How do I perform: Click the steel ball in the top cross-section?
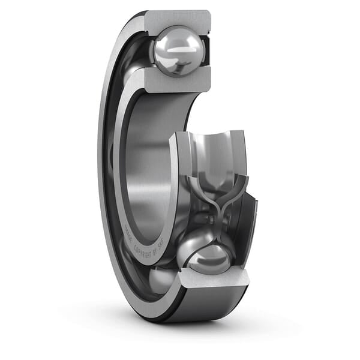point(178,52)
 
